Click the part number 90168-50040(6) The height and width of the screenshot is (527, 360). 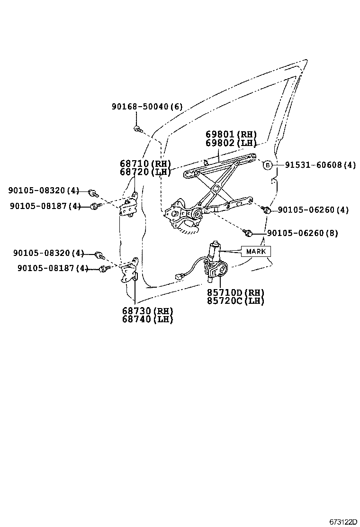pyautogui.click(x=147, y=107)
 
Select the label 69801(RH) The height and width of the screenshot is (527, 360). pyautogui.click(x=231, y=135)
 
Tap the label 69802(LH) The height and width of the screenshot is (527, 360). pyautogui.click(x=231, y=143)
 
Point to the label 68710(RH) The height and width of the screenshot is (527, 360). pyautogui.click(x=145, y=164)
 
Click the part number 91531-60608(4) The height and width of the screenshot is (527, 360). pyautogui.click(x=320, y=165)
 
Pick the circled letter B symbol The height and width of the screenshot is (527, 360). pyautogui.click(x=268, y=165)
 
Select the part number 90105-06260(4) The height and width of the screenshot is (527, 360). pyautogui.click(x=313, y=209)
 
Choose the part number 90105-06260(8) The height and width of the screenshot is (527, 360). pyautogui.click(x=303, y=233)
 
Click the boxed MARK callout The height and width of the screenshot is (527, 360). pyautogui.click(x=256, y=251)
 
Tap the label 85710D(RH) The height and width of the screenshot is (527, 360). pyautogui.click(x=235, y=292)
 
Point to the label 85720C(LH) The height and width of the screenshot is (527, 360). pyautogui.click(x=235, y=301)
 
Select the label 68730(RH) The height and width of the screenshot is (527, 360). pyautogui.click(x=147, y=311)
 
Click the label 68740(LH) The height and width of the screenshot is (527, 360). pyautogui.click(x=147, y=319)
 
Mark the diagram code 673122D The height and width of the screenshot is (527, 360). pyautogui.click(x=343, y=521)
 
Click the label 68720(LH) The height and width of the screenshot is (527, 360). pyautogui.click(x=145, y=172)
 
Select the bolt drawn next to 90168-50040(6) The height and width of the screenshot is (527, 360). pyautogui.click(x=137, y=128)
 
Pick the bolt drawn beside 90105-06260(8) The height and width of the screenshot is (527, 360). pyautogui.click(x=247, y=232)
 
